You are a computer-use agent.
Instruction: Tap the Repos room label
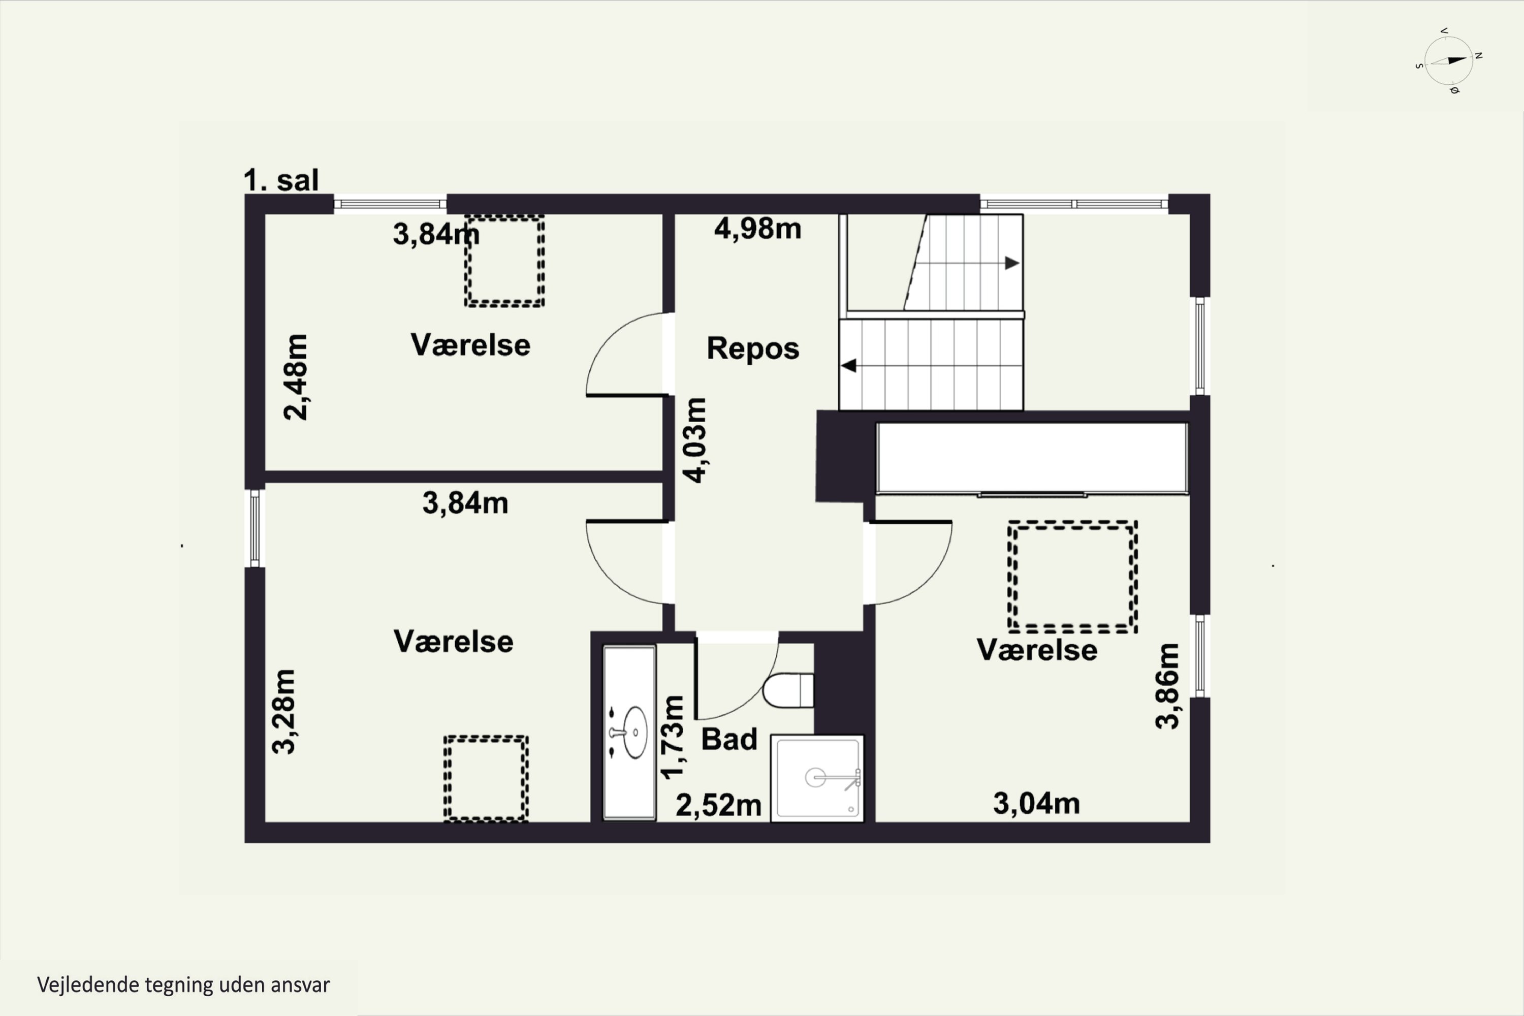point(752,348)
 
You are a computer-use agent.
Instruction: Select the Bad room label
point(729,739)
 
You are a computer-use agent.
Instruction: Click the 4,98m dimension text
point(757,229)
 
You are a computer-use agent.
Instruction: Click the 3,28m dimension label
point(284,712)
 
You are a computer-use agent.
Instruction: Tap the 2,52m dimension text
point(718,805)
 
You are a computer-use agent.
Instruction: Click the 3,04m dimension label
point(1036,804)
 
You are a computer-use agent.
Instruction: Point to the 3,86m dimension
point(1167,686)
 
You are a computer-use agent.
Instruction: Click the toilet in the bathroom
point(787,691)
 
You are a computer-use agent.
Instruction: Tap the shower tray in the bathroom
point(818,778)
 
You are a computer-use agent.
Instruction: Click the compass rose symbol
point(1449,61)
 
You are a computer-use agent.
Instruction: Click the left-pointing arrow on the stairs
point(849,366)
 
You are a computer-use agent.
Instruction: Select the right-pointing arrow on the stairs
point(1011,263)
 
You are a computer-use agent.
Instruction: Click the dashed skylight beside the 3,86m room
point(1072,577)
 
